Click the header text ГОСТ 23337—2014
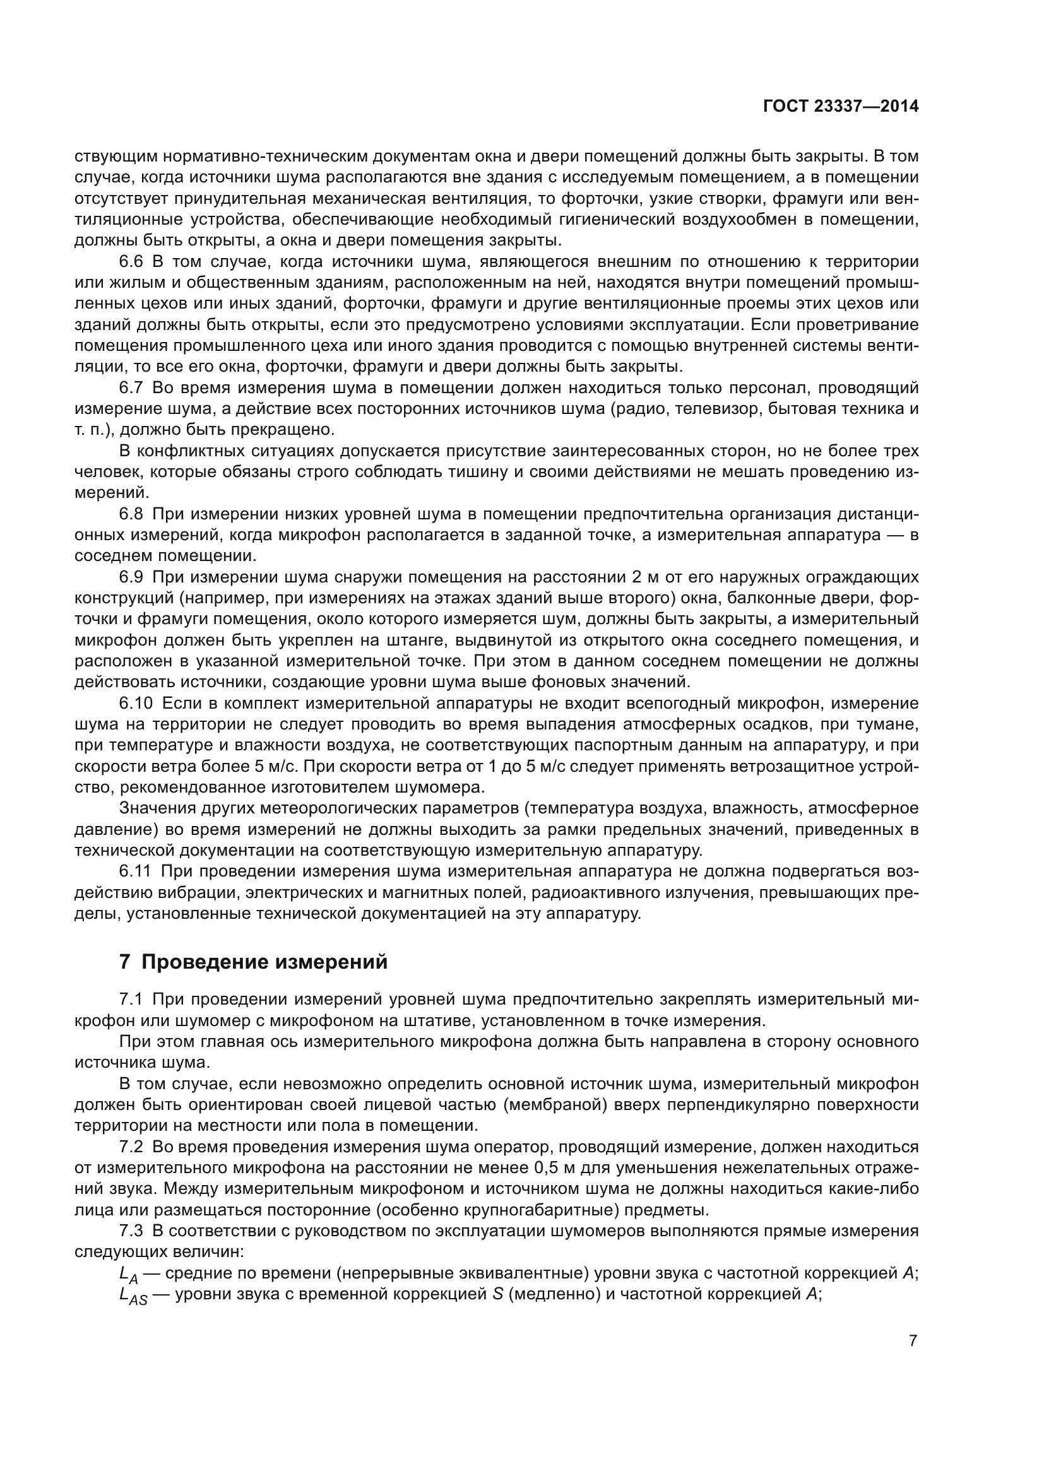(x=841, y=107)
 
